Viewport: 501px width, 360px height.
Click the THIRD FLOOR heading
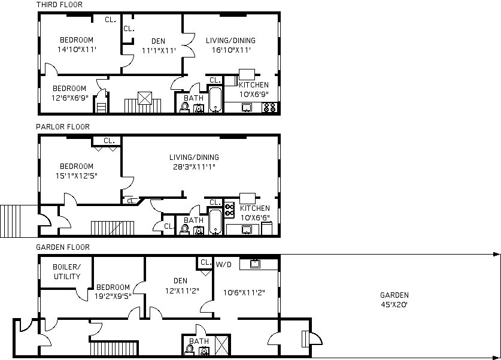(x=59, y=5)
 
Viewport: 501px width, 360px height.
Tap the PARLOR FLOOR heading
(x=63, y=127)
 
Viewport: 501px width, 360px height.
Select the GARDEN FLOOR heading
(x=63, y=247)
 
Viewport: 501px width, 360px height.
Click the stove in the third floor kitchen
(x=269, y=107)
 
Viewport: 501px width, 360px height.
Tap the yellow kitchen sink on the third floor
(x=247, y=107)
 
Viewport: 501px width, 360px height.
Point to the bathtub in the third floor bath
(x=215, y=99)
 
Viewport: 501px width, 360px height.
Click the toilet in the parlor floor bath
(x=185, y=229)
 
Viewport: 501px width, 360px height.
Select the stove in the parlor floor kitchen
(x=229, y=210)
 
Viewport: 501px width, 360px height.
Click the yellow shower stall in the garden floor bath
(x=221, y=345)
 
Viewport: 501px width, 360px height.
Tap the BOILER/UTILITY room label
(x=67, y=272)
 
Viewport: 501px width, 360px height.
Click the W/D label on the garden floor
(x=224, y=264)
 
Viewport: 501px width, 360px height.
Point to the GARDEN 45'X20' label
(x=394, y=300)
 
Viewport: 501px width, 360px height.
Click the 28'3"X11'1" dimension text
(x=195, y=167)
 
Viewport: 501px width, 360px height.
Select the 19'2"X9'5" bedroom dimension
(x=113, y=297)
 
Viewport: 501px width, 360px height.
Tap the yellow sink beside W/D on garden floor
(x=255, y=264)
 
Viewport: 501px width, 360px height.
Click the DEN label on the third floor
(x=158, y=41)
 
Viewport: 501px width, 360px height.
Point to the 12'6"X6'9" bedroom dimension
(x=69, y=98)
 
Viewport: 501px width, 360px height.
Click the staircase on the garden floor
(x=114, y=349)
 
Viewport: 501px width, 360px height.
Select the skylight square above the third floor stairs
(x=145, y=98)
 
